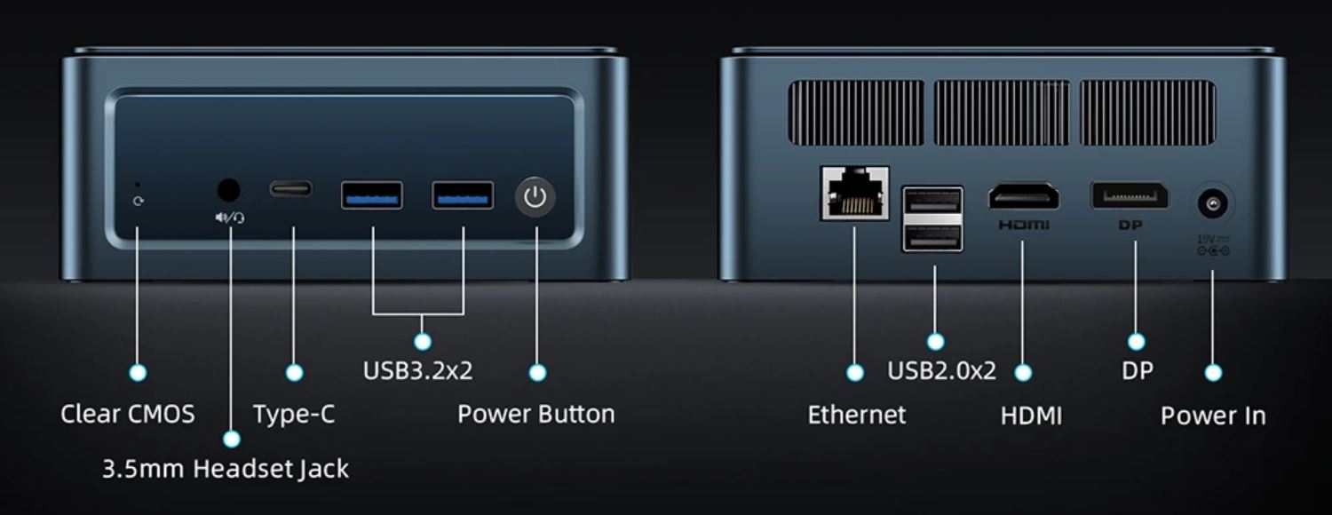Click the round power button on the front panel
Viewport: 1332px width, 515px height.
pos(535,197)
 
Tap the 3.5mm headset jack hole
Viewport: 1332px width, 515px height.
pos(229,190)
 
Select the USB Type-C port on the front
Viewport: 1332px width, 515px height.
pos(290,189)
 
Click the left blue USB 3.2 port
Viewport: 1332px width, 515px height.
pos(372,195)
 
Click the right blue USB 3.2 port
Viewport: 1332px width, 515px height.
pos(463,195)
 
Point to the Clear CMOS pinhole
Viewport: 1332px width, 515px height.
pos(138,185)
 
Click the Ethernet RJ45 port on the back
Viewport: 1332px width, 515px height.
pos(855,194)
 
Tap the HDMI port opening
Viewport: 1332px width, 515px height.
pos(1024,197)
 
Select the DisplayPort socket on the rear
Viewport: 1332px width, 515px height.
pos(1130,195)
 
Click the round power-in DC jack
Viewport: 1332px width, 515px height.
pos(1212,204)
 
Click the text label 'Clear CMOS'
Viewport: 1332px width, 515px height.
pos(128,414)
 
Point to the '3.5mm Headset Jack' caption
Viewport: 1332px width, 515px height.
pos(226,469)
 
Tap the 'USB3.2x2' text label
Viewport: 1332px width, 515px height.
pos(417,370)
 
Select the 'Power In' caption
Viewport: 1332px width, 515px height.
pos(1213,415)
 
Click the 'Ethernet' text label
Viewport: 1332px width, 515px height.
pos(856,415)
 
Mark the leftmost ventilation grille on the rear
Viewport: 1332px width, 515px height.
pos(856,113)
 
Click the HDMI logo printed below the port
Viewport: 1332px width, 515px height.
pos(1024,225)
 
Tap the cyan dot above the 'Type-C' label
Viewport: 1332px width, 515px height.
pos(294,373)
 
